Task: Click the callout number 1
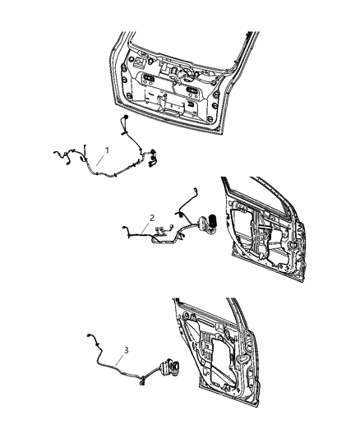(106, 150)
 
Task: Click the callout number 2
(151, 218)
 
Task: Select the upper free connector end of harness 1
(124, 122)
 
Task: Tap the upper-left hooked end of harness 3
(90, 337)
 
